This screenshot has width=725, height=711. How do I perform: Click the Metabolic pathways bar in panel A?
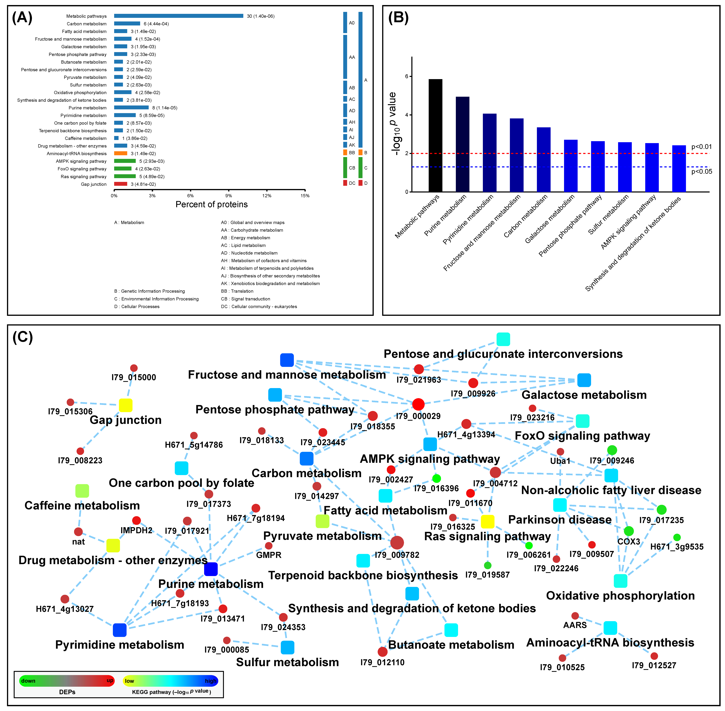[x=179, y=16]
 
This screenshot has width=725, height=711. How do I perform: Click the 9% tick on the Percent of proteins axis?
[x=229, y=196]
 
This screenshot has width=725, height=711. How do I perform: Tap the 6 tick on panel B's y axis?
[x=407, y=76]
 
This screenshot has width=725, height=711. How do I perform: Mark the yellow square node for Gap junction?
[x=126, y=405]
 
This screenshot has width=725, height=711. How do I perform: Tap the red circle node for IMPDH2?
[x=136, y=521]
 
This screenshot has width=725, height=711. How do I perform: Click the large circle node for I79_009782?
[x=397, y=543]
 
